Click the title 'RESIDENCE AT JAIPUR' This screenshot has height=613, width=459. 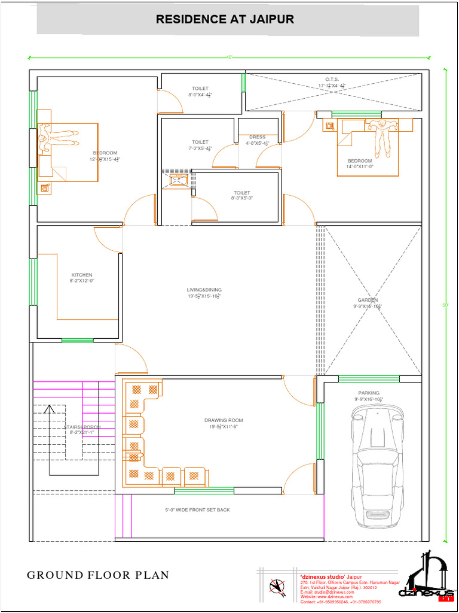[x=225, y=20]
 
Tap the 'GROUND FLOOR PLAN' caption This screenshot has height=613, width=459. [x=98, y=575]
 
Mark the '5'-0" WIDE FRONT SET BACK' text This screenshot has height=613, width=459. [x=197, y=510]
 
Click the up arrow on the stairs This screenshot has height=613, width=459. [x=49, y=412]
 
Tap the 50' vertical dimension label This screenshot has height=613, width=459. [x=445, y=305]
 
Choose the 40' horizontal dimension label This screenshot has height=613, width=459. [x=229, y=57]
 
